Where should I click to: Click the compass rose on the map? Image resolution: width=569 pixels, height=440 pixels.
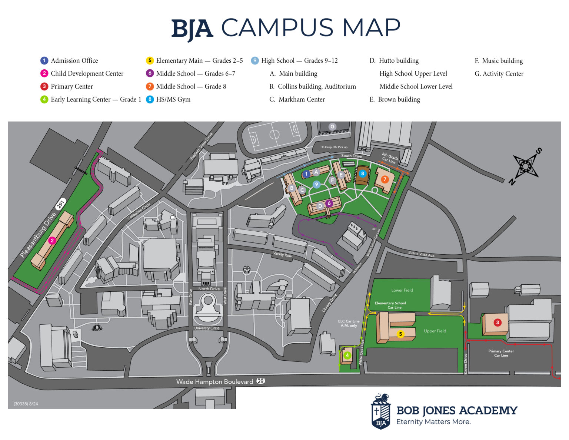(525, 166)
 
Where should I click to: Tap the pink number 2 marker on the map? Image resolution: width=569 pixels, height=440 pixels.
(52, 241)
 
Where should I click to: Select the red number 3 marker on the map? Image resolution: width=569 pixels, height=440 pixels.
(498, 322)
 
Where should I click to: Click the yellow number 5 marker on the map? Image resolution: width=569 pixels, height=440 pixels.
(400, 334)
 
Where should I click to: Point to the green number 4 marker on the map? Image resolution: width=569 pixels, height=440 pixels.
(347, 355)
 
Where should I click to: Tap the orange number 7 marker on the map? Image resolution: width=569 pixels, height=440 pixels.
(385, 179)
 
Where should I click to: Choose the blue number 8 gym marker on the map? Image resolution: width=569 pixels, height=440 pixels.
(362, 173)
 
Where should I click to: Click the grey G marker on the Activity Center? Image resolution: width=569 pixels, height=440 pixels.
(332, 127)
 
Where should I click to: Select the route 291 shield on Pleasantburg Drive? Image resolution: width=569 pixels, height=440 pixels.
(60, 204)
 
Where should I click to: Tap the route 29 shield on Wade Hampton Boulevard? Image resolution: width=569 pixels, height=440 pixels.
(261, 381)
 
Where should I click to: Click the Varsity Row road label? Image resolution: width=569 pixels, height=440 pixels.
(282, 255)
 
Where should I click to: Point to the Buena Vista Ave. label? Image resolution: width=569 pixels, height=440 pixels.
(422, 254)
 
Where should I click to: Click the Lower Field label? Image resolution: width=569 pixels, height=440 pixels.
(402, 290)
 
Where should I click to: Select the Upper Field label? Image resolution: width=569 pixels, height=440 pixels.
(435, 331)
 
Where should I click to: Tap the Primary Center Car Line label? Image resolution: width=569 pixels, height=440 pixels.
(501, 353)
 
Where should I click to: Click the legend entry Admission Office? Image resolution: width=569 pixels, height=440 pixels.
(74, 61)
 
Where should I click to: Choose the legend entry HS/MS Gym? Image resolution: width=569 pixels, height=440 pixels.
(173, 99)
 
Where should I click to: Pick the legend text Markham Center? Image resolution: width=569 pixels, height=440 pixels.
(301, 99)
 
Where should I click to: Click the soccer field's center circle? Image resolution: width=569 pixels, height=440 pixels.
(274, 134)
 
